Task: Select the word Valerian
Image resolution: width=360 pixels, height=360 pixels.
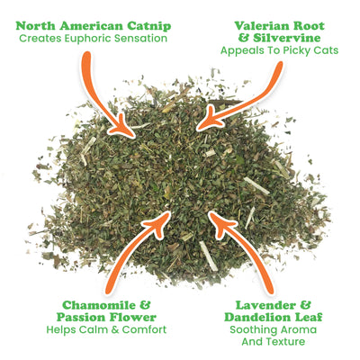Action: click(x=256, y=23)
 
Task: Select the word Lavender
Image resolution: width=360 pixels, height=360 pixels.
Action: click(x=267, y=303)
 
